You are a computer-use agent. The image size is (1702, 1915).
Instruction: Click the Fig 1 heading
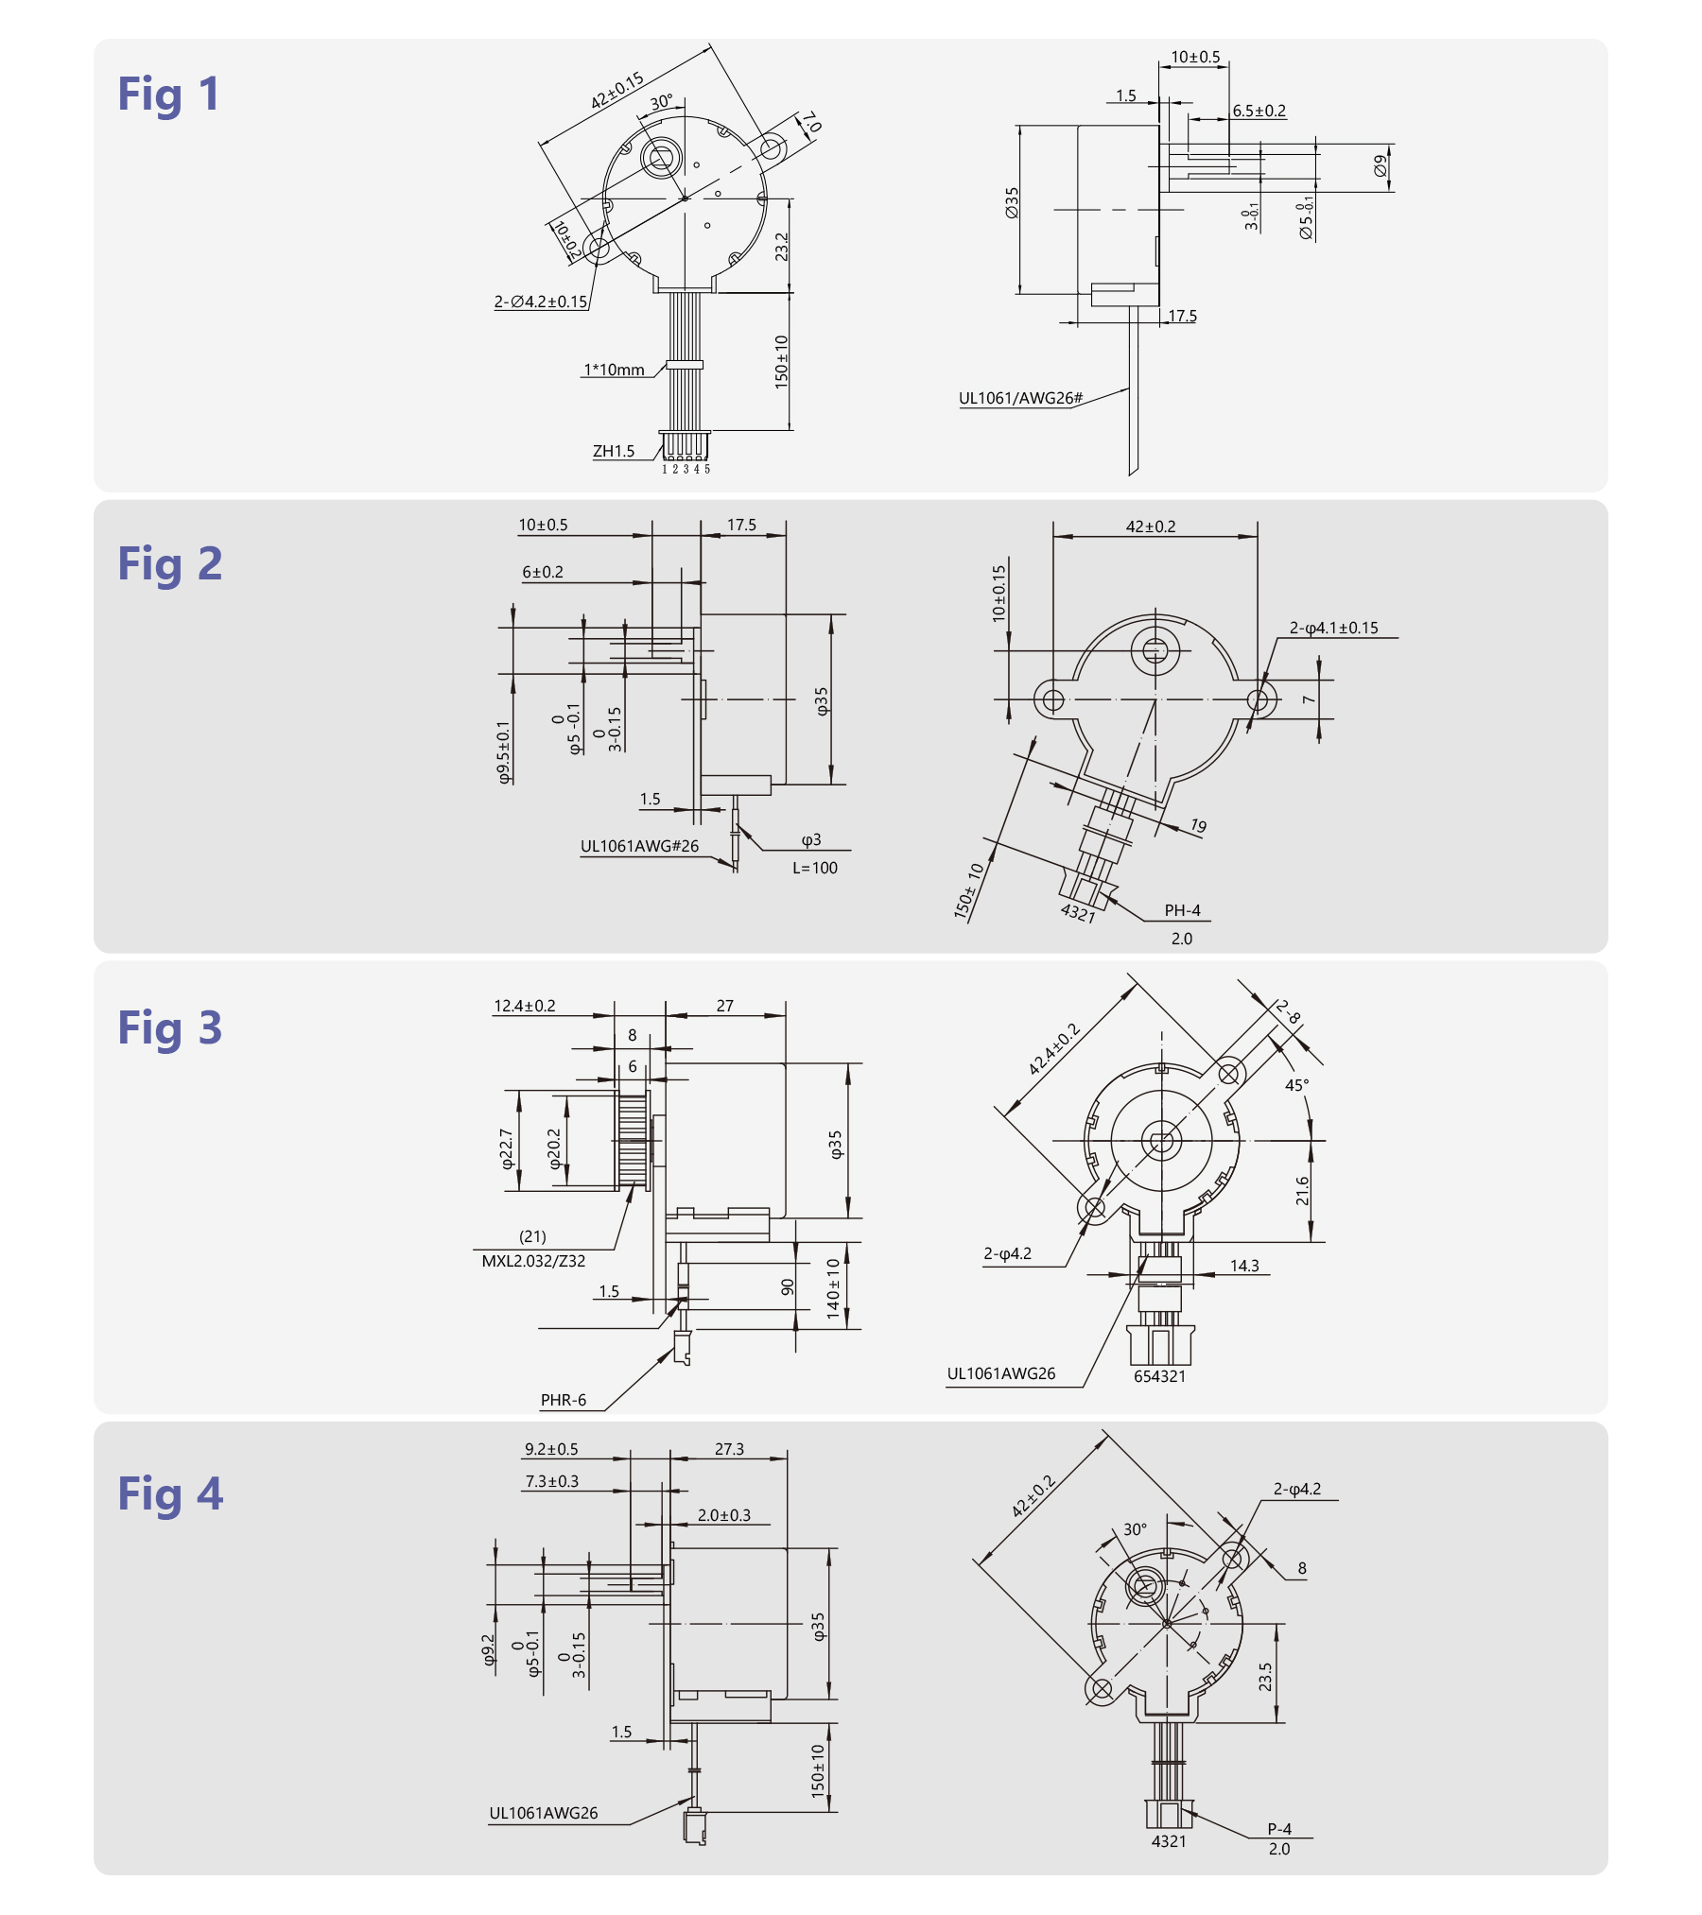168,95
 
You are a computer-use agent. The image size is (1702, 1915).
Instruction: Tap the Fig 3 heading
169,1028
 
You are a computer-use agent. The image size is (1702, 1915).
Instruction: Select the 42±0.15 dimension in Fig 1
617,91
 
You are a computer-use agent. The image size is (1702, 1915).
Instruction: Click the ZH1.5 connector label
614,451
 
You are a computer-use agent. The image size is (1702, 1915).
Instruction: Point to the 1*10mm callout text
614,370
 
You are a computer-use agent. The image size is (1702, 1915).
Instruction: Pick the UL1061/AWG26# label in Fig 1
1020,398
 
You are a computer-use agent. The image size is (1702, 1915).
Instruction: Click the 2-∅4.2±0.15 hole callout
541,302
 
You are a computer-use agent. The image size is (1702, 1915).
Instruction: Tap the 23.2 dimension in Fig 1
781,247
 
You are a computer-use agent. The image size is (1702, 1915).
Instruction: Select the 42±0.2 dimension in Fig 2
1151,526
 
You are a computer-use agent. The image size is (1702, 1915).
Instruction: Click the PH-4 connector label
1182,910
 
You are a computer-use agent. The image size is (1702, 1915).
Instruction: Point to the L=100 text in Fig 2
815,868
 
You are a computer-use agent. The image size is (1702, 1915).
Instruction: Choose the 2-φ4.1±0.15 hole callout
1334,628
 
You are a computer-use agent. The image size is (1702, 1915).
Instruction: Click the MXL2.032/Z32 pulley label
533,1261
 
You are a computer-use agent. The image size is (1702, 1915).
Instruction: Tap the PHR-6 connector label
564,1400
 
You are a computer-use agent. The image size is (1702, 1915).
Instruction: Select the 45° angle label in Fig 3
1296,1085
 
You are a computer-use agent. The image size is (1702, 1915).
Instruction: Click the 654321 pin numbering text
1159,1376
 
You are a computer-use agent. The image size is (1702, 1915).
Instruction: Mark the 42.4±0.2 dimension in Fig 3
1053,1048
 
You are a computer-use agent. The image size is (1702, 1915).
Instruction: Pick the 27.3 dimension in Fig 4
729,1449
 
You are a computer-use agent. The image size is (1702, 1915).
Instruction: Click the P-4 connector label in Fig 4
1279,1829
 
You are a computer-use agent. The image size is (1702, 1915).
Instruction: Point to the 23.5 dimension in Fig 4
1265,1677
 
